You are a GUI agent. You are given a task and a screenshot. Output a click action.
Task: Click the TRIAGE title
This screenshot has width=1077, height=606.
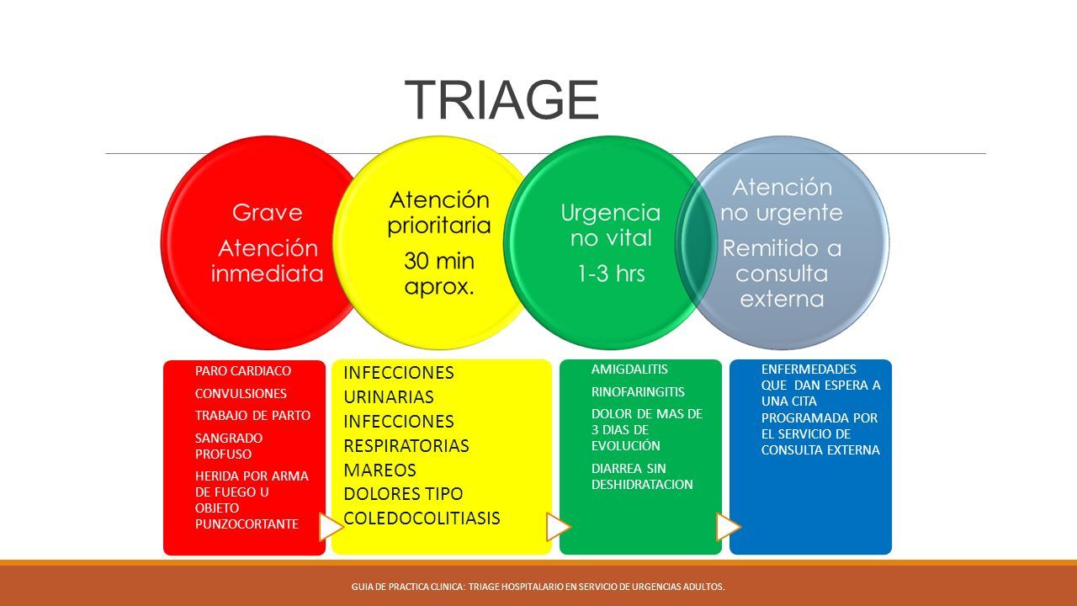[x=501, y=100]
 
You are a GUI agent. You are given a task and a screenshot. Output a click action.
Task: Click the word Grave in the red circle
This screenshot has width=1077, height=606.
[x=267, y=213]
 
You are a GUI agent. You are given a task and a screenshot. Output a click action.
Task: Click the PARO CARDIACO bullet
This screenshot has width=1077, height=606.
[x=243, y=370]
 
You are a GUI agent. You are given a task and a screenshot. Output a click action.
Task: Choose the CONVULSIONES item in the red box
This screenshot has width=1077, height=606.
[x=241, y=393]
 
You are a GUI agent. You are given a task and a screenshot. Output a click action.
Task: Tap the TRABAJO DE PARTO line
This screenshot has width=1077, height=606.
[x=252, y=415]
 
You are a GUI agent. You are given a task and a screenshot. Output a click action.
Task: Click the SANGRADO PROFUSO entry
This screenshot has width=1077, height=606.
[x=229, y=445]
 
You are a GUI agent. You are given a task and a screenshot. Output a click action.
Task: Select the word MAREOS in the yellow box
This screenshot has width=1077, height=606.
[x=379, y=470]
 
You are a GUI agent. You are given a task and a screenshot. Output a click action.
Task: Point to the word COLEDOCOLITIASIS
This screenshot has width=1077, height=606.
[x=422, y=518]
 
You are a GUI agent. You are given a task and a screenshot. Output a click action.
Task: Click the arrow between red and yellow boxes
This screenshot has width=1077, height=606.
[x=331, y=528]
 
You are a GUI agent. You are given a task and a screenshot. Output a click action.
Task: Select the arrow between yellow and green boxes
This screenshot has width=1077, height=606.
[x=558, y=527]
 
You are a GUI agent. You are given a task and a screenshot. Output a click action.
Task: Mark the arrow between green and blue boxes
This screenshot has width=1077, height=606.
[x=728, y=526]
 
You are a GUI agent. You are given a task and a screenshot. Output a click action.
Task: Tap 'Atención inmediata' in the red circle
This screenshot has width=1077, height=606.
[x=266, y=261]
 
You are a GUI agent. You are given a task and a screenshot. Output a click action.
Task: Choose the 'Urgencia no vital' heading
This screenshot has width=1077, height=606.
[x=610, y=225]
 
